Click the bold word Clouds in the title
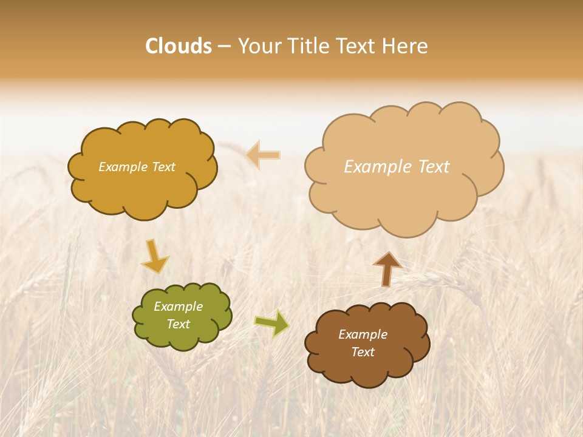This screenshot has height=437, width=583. point(179,46)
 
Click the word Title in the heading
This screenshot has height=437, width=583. point(310,46)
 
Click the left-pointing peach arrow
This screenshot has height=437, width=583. point(264,155)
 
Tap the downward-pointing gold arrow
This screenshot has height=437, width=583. point(154,256)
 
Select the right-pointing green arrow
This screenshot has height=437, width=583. point(272,324)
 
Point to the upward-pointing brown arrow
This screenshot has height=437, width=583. point(387,269)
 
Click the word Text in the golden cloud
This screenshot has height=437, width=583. point(163,167)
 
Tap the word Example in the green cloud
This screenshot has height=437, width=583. point(178,307)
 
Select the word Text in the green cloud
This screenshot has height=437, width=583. point(178,324)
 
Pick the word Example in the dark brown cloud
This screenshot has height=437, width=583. point(363,334)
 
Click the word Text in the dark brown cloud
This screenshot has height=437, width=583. point(363,352)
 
